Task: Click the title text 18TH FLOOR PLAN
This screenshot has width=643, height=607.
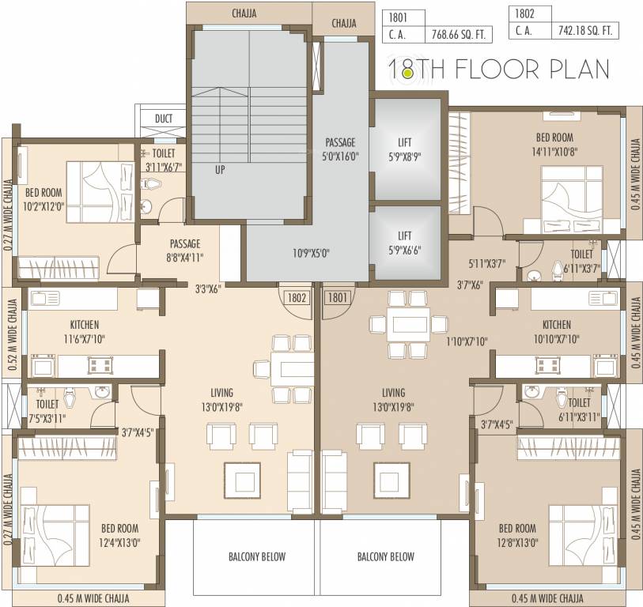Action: click(498, 70)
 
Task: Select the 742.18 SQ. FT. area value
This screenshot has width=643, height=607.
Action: click(588, 31)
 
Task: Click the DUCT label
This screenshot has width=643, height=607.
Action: click(164, 119)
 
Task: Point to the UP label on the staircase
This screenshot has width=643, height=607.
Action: click(220, 169)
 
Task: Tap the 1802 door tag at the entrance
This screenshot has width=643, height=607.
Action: click(296, 298)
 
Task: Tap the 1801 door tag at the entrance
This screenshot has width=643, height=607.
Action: click(337, 298)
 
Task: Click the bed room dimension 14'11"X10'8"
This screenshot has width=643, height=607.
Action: click(553, 153)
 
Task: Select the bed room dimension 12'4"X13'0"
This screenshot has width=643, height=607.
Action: click(119, 543)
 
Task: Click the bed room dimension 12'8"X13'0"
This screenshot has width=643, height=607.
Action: click(518, 543)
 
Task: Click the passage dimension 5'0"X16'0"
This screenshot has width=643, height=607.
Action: click(341, 156)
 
